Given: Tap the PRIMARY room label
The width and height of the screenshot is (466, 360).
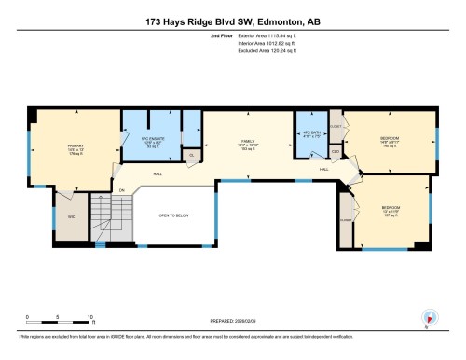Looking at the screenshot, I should click(x=75, y=148).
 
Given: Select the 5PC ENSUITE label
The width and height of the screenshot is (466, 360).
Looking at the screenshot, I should click(x=152, y=143).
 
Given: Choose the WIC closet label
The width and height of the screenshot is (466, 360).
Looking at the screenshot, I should click(x=71, y=218).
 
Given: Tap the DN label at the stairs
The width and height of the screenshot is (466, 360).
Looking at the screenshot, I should click(x=121, y=190).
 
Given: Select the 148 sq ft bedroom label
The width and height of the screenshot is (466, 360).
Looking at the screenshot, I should click(x=389, y=142).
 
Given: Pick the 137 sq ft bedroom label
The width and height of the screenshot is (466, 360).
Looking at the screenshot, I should click(x=390, y=210).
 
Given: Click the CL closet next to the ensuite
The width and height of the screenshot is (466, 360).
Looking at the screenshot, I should click(x=192, y=155).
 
